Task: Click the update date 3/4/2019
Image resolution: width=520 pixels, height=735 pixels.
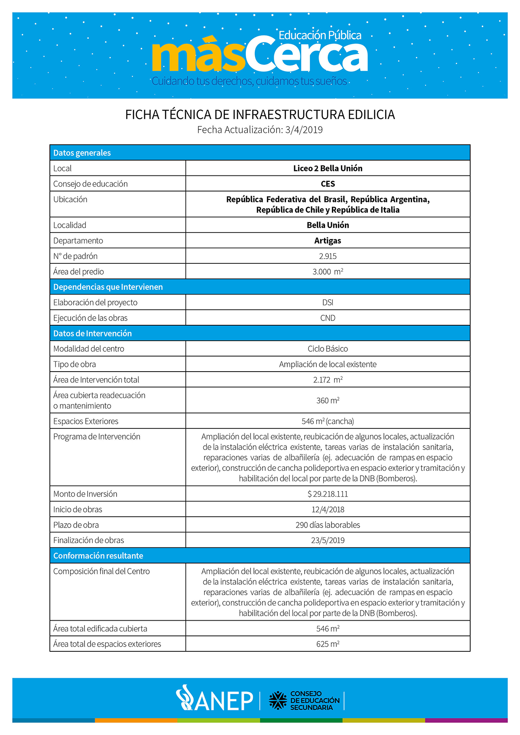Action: click(304, 130)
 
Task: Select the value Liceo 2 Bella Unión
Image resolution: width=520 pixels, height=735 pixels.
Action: click(328, 168)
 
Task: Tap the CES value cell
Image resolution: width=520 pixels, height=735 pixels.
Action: click(328, 184)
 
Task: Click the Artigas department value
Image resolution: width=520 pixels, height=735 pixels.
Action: click(328, 241)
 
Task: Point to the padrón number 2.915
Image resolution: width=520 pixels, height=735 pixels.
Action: click(328, 256)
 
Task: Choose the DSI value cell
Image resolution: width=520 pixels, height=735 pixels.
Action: click(328, 302)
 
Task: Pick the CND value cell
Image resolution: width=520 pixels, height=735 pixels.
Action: click(328, 318)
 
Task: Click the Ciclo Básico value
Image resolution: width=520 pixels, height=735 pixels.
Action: click(328, 349)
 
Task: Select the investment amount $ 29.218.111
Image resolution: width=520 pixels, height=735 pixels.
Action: click(328, 494)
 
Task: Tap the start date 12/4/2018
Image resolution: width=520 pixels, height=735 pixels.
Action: click(328, 509)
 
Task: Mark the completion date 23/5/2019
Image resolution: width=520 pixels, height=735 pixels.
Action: click(328, 540)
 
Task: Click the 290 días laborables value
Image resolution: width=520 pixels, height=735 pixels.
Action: click(328, 525)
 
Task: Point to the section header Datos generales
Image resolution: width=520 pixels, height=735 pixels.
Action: click(82, 153)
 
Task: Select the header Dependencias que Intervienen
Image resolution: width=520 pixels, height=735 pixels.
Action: click(108, 287)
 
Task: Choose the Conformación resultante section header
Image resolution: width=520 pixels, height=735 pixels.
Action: click(98, 556)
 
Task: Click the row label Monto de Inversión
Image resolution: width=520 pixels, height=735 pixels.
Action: click(85, 494)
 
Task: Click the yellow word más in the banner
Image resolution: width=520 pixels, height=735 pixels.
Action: click(198, 56)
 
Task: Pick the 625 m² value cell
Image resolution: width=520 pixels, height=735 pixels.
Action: click(328, 644)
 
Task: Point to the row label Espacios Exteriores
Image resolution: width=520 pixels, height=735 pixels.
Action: click(86, 421)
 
